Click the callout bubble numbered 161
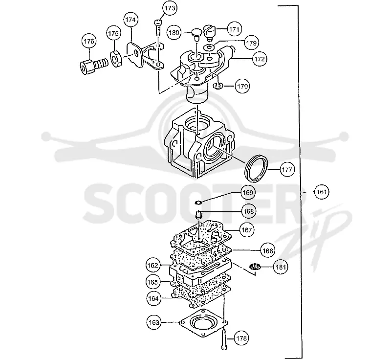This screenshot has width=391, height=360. pos(322,192)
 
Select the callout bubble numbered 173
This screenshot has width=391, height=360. pos(170,8)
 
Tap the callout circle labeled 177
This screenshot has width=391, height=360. pos(287,170)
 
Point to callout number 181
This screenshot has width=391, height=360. pos(281,267)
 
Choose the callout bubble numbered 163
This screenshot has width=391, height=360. pos(153,322)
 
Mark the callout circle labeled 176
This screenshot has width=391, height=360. pos(89,41)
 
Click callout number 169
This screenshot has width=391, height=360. pos(248,193)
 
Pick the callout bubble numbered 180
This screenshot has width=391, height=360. pos(174,33)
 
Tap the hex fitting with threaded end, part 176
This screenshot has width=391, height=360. pos(93,66)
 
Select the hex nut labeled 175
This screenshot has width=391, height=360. pos(116,59)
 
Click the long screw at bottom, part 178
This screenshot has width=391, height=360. pos(224,339)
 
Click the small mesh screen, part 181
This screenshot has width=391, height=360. pos(255,267)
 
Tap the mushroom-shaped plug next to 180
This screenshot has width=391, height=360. pos(196,35)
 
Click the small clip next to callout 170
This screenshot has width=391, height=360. pos(218,86)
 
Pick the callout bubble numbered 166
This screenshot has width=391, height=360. pos(267,250)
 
